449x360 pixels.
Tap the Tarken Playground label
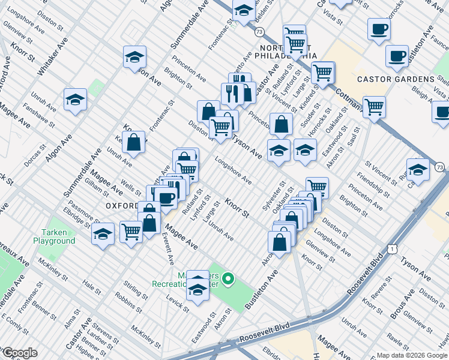point(58,236)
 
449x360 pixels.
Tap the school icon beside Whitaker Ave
point(75,100)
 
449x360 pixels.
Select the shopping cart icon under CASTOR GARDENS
point(374,107)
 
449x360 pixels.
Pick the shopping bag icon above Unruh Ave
point(134,143)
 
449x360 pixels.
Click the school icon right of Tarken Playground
point(103,233)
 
